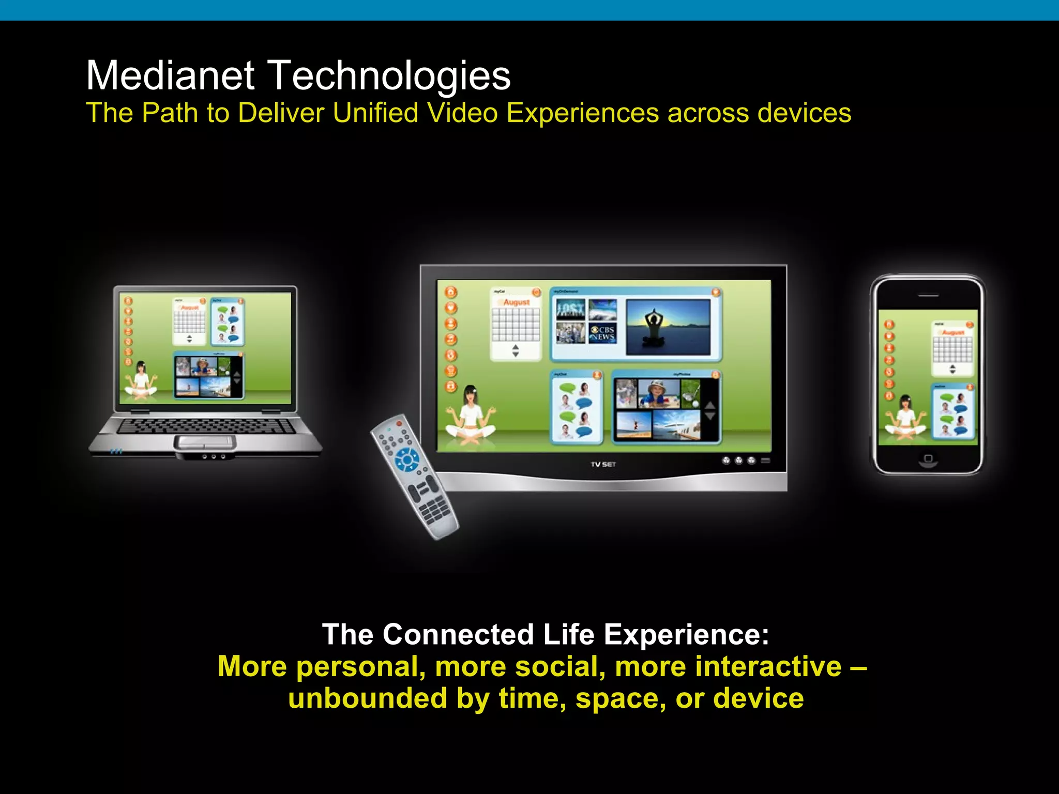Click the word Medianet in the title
tap(170, 75)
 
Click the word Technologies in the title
tap(390, 77)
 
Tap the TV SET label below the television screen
tap(603, 464)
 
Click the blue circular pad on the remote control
tap(407, 459)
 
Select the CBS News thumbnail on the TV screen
tap(602, 333)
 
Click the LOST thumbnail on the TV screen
tap(570, 309)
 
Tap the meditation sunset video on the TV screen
tap(668, 327)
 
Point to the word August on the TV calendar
tap(517, 302)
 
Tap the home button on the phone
tap(928, 459)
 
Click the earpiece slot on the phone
tap(928, 296)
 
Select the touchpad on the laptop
tap(205, 442)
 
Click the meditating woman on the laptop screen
tap(140, 380)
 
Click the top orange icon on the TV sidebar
tap(451, 292)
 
